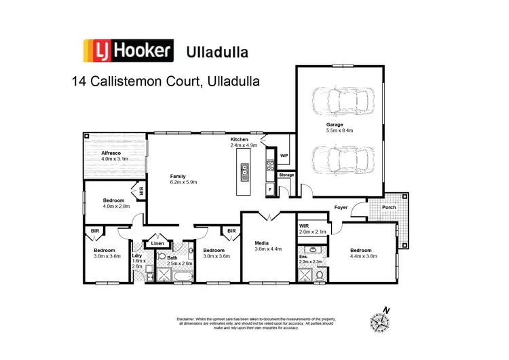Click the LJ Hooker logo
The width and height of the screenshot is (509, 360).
coord(129,50)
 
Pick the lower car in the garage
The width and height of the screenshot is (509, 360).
coord(343,161)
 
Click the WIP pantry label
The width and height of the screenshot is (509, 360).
coord(284,156)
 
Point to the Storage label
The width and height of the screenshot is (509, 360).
coord(286,175)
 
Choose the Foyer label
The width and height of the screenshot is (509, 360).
coord(341,208)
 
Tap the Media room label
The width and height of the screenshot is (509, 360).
coord(262,243)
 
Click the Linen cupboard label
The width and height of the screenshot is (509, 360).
coord(157,243)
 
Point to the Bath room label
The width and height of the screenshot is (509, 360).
coord(172,257)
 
